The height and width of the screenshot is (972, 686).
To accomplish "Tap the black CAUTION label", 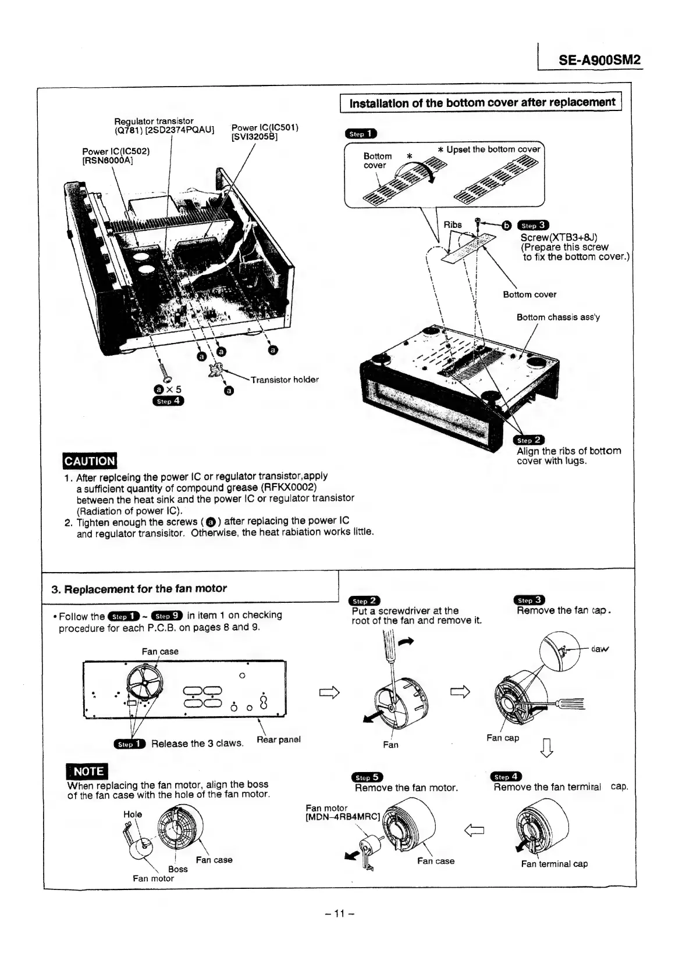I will pos(90,461).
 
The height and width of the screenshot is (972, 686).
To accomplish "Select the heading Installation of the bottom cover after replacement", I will pos(481,103).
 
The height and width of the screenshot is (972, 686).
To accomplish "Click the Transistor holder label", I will pos(285,380).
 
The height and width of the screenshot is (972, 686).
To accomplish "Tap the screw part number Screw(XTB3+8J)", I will pos(559,237).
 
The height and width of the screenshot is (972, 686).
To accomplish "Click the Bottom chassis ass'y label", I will pos(558,317).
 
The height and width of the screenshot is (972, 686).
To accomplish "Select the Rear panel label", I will pos(278,739).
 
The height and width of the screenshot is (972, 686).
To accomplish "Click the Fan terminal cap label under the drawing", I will pos(554,864).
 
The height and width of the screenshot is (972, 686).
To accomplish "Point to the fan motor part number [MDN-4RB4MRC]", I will pos(343,817).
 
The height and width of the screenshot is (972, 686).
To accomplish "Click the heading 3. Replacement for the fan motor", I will pos(139,588).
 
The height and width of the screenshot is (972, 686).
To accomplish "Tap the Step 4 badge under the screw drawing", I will pos(168,401).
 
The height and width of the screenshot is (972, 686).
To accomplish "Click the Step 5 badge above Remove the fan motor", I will pos(367,777).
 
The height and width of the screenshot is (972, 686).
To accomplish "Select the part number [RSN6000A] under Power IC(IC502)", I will pos(108,161).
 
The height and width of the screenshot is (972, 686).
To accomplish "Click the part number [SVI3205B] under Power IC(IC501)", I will pos(254,137).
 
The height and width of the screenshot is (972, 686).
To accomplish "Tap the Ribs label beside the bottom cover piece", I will pos(453,225).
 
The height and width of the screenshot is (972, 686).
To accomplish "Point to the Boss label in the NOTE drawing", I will pos(178,869).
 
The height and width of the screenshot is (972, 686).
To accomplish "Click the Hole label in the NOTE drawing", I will pos(133,814).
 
